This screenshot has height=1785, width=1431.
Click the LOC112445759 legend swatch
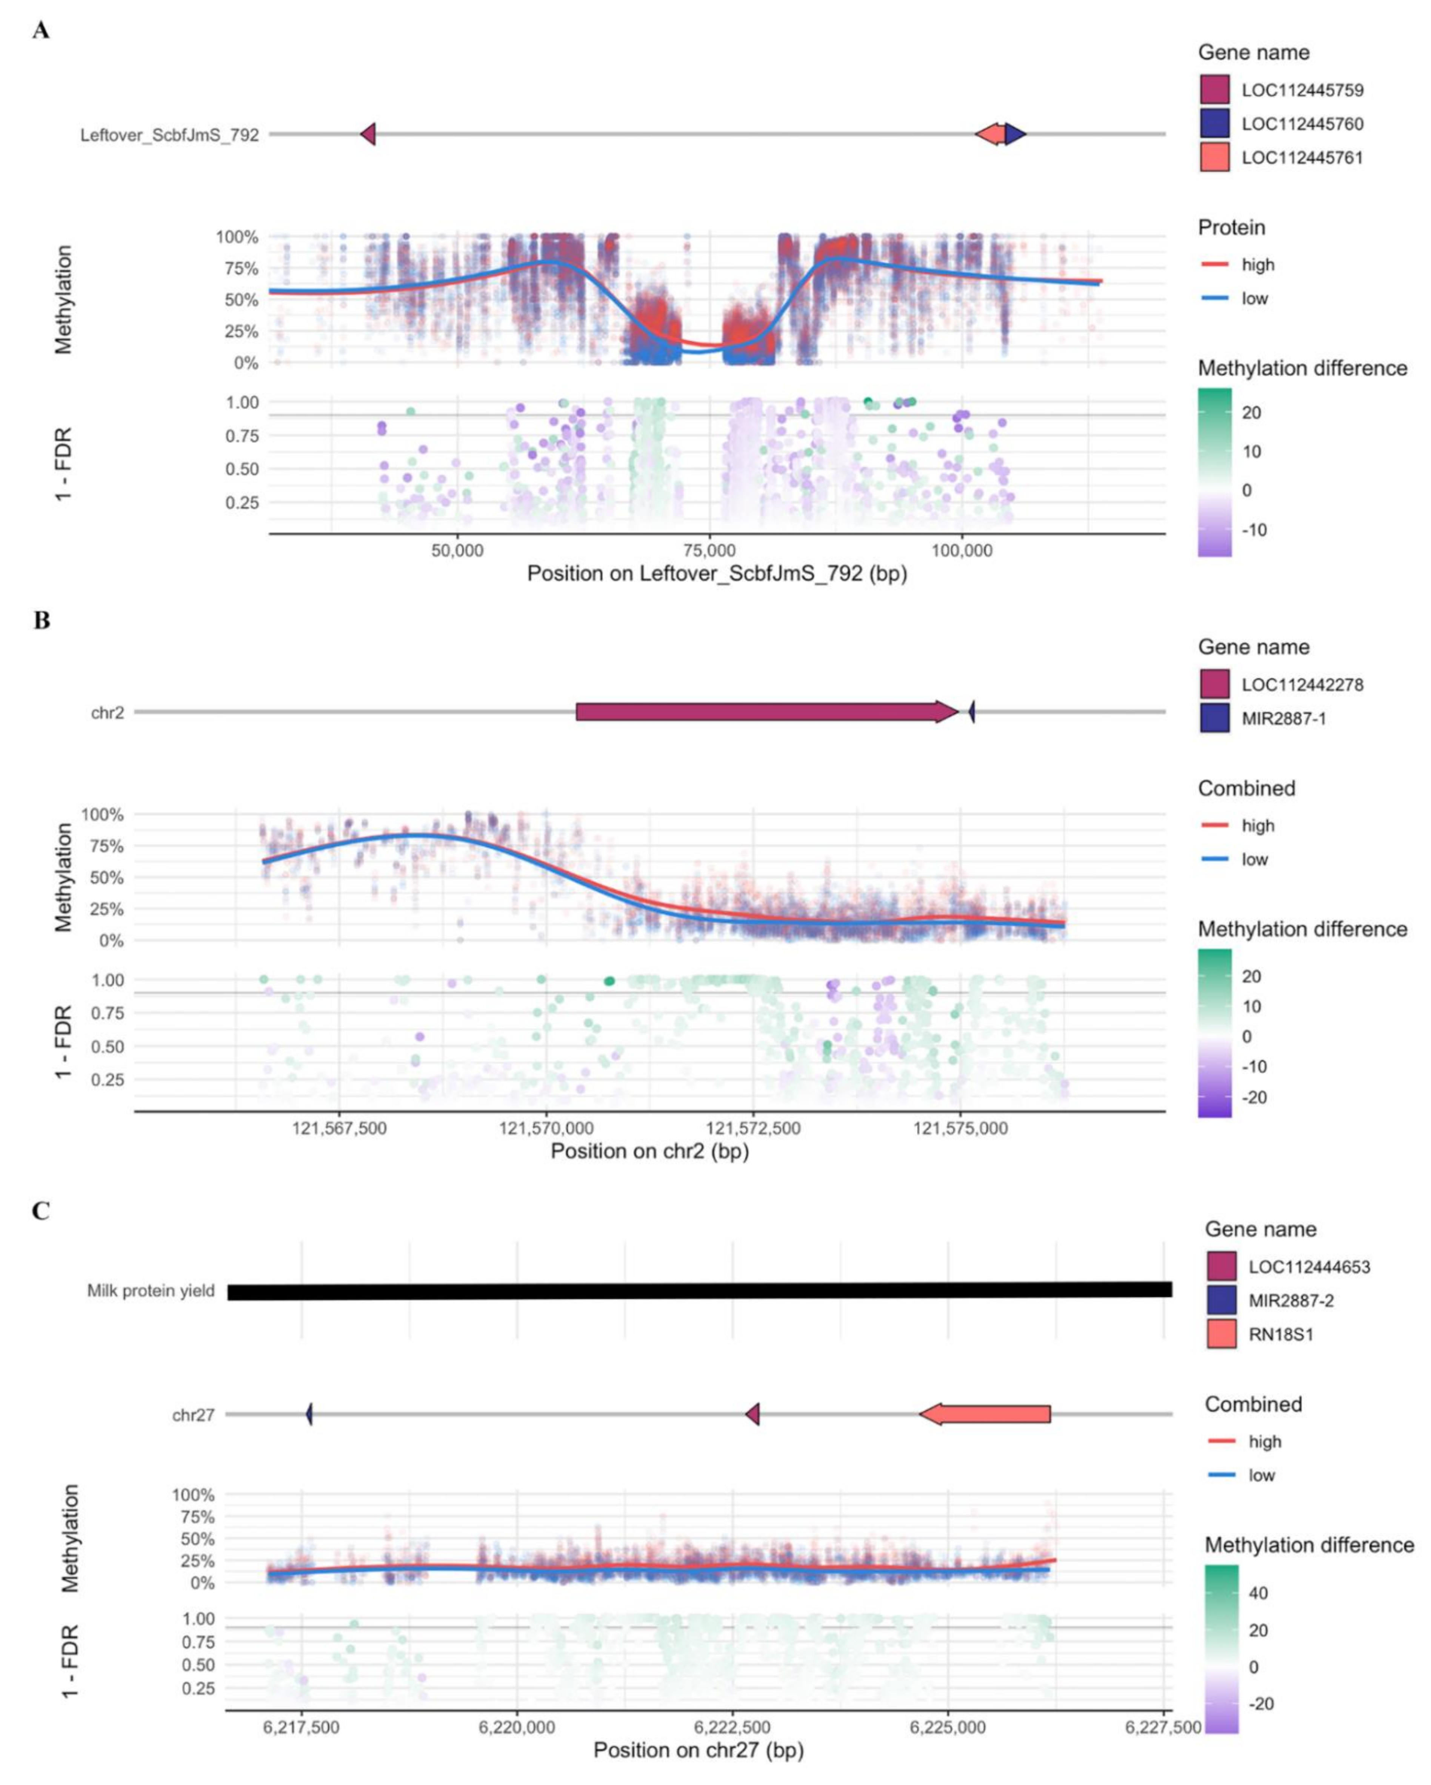click(x=1214, y=89)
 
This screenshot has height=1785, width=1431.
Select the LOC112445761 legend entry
click(x=1302, y=157)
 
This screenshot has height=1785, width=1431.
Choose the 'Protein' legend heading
click(x=1231, y=228)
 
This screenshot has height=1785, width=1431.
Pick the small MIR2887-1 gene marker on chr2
click(x=972, y=711)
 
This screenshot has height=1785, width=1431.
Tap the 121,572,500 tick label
click(x=753, y=1129)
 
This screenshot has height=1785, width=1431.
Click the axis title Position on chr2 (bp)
click(x=650, y=1151)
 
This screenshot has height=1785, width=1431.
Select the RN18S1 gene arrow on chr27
click(x=985, y=1414)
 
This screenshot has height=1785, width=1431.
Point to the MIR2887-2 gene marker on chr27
click(x=309, y=1414)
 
